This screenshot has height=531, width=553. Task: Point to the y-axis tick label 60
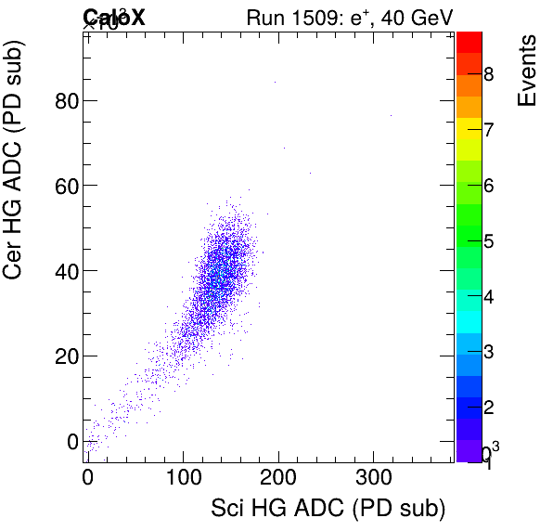click(x=65, y=186)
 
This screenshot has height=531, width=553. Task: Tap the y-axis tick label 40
click(x=65, y=271)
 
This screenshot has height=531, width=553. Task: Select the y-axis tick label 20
click(x=65, y=356)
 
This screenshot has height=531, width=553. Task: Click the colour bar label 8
click(x=488, y=74)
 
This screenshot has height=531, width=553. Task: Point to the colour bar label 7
click(x=488, y=130)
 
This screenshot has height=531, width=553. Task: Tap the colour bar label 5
click(x=488, y=241)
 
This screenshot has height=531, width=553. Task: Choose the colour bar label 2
click(x=488, y=408)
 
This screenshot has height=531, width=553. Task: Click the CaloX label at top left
click(x=113, y=16)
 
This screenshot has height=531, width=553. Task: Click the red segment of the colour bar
click(x=469, y=41)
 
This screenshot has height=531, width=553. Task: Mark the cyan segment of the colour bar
click(x=469, y=320)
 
